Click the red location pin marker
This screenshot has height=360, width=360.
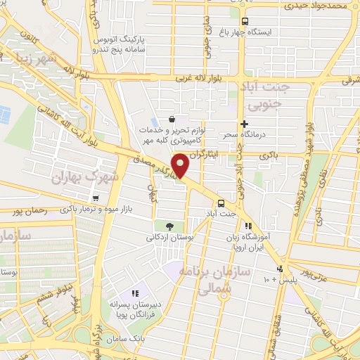(181, 166)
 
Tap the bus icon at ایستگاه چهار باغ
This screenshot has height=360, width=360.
(245, 21)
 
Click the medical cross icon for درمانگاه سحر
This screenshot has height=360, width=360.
(244, 124)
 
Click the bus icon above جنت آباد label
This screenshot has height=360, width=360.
(221, 200)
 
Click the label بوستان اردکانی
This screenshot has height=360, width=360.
(169, 237)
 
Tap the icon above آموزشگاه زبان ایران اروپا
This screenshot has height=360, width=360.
(248, 226)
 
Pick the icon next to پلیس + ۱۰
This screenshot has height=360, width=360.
(280, 269)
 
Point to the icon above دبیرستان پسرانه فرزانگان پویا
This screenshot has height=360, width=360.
(136, 292)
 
